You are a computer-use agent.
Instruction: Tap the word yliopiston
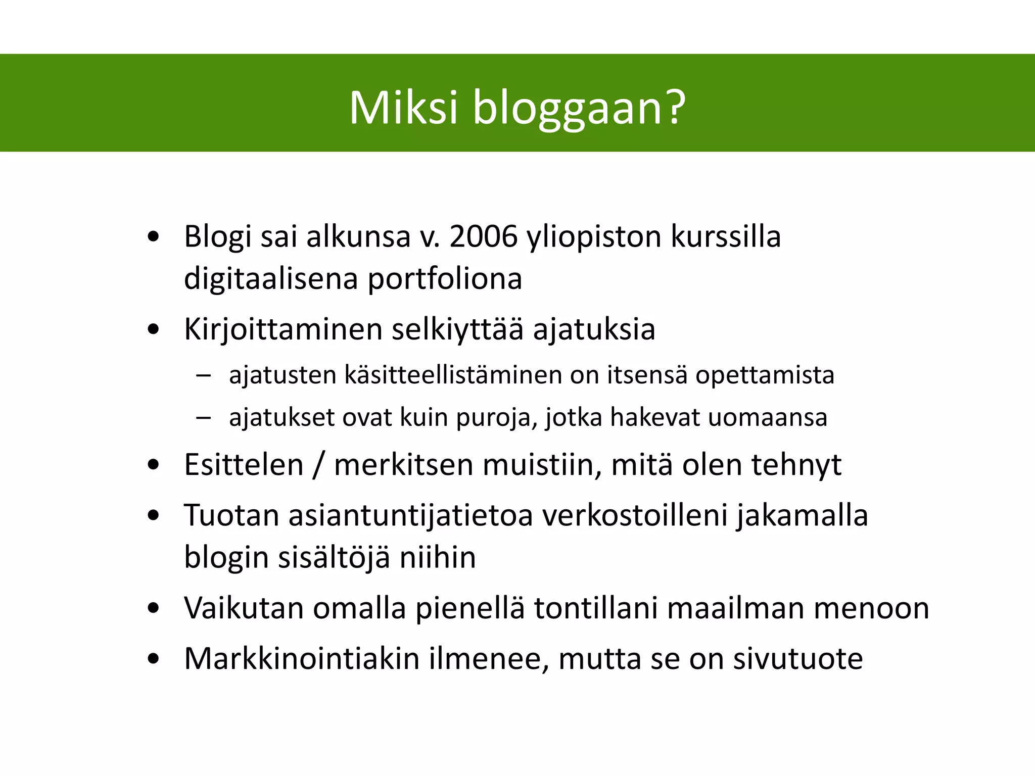[x=594, y=237]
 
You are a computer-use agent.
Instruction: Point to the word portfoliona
[x=444, y=279]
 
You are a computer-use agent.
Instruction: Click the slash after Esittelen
[x=318, y=465]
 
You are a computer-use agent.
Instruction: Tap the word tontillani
[x=596, y=608]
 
